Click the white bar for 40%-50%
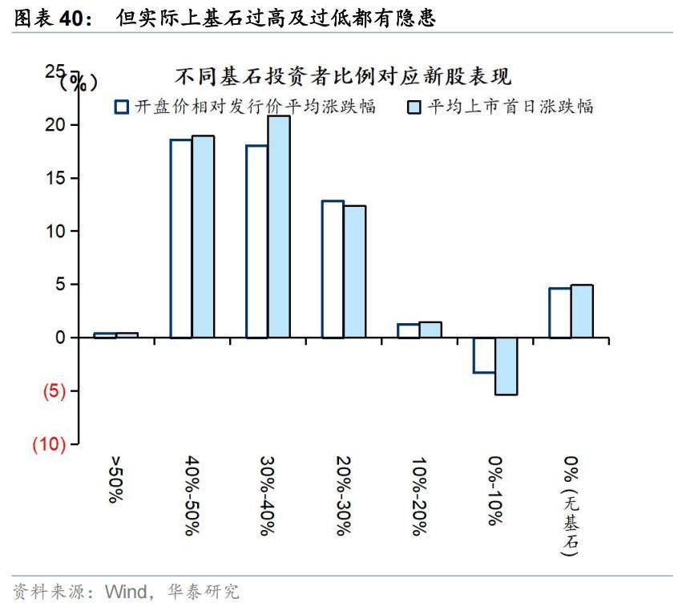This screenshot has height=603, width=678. [x=180, y=238]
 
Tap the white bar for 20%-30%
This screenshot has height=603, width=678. [x=333, y=269]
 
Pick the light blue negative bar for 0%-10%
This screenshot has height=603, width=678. [x=506, y=366]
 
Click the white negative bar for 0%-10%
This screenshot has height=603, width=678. [x=484, y=355]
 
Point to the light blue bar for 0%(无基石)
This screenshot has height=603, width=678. [x=582, y=311]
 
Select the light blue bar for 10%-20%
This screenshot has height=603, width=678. [x=430, y=330]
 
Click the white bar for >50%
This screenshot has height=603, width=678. [x=105, y=335]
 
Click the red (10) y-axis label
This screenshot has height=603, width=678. [x=49, y=445]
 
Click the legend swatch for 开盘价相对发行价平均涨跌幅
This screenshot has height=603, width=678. [x=121, y=107]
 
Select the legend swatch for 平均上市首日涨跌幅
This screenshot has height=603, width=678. [x=414, y=107]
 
